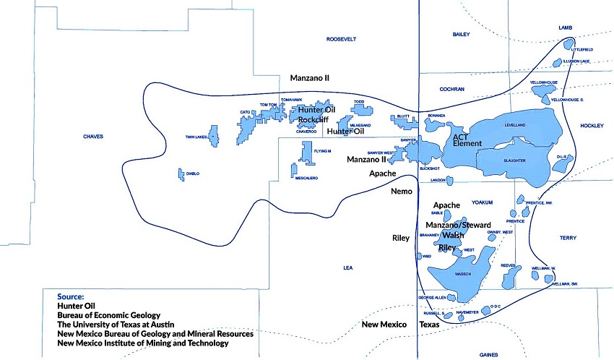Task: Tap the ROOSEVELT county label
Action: point(342,39)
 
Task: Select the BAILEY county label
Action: point(461,35)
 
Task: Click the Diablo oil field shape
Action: point(180,173)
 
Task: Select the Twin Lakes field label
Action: point(196,136)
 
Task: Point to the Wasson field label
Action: point(463,275)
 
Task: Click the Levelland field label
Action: point(515,125)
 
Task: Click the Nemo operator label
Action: point(402,192)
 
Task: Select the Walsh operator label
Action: point(454,236)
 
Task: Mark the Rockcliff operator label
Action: point(314,120)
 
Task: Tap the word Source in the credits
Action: point(71,296)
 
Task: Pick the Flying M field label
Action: point(322,151)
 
